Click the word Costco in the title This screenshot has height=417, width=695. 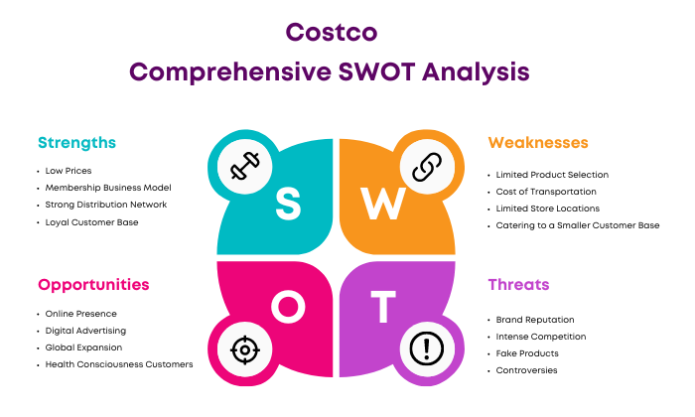[331, 33]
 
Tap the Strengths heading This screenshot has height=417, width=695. [76, 143]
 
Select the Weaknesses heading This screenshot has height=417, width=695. [538, 142]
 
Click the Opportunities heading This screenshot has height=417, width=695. [93, 285]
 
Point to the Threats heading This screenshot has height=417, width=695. [518, 285]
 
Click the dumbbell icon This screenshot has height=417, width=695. [244, 166]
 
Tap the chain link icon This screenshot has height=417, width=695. [427, 167]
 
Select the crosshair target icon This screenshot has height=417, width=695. [244, 350]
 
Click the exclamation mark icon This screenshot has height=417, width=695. [426, 348]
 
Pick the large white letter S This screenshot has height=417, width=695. [288, 204]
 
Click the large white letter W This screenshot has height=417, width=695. [383, 204]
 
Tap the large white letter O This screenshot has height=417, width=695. [288, 306]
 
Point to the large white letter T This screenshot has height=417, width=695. [383, 306]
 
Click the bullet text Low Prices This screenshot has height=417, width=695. [69, 171]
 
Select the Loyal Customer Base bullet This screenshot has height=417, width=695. [91, 222]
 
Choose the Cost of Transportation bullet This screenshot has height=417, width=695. [546, 192]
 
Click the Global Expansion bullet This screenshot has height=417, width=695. [83, 347]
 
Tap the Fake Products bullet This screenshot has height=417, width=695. [527, 353]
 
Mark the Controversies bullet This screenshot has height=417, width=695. [526, 370]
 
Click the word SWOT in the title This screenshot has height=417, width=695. [376, 71]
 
